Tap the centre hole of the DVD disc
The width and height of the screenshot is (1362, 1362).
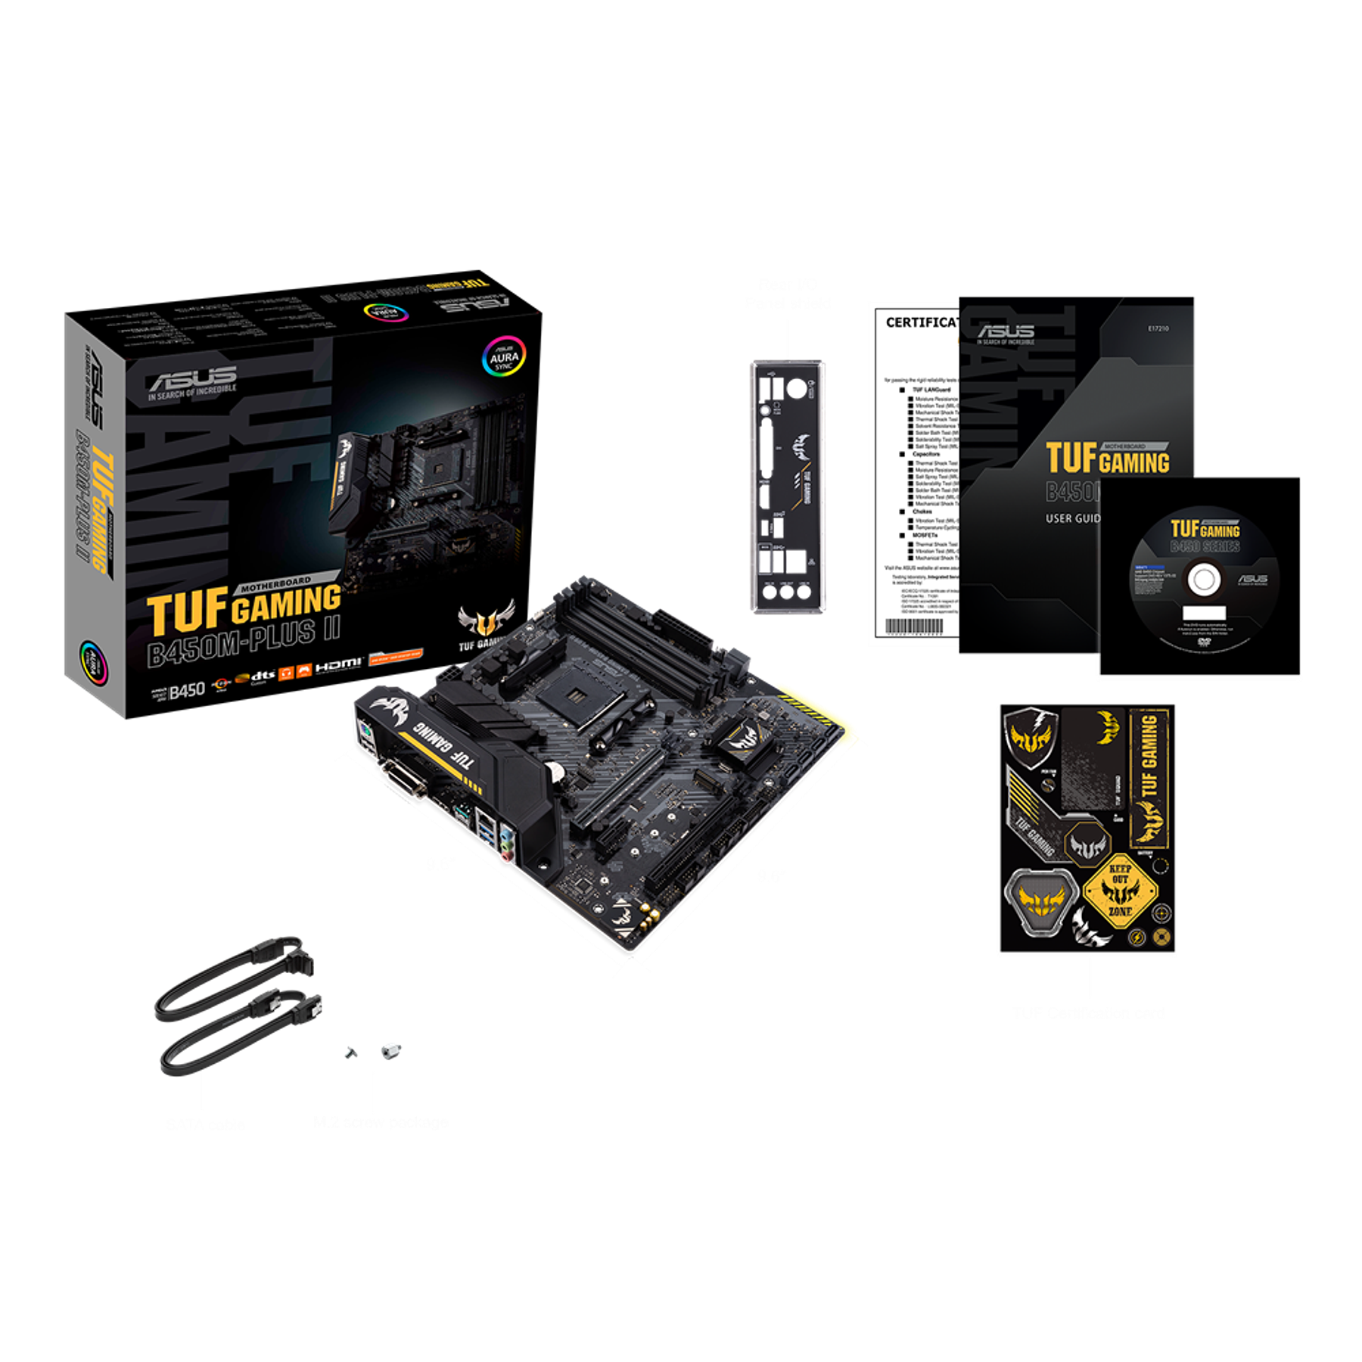[x=1203, y=580]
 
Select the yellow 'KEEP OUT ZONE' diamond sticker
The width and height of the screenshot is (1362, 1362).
[x=1120, y=891]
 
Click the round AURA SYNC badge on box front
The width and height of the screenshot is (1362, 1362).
[x=504, y=356]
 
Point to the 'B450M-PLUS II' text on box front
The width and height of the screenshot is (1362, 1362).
[x=244, y=642]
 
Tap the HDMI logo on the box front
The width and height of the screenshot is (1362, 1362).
[x=337, y=664]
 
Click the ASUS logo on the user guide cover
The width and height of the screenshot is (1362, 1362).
[x=1006, y=331]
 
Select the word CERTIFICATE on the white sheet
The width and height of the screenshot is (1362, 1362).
[x=922, y=322]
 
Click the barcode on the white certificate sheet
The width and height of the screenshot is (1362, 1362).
[x=914, y=626]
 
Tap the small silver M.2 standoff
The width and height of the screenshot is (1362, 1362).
[x=390, y=1049]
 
